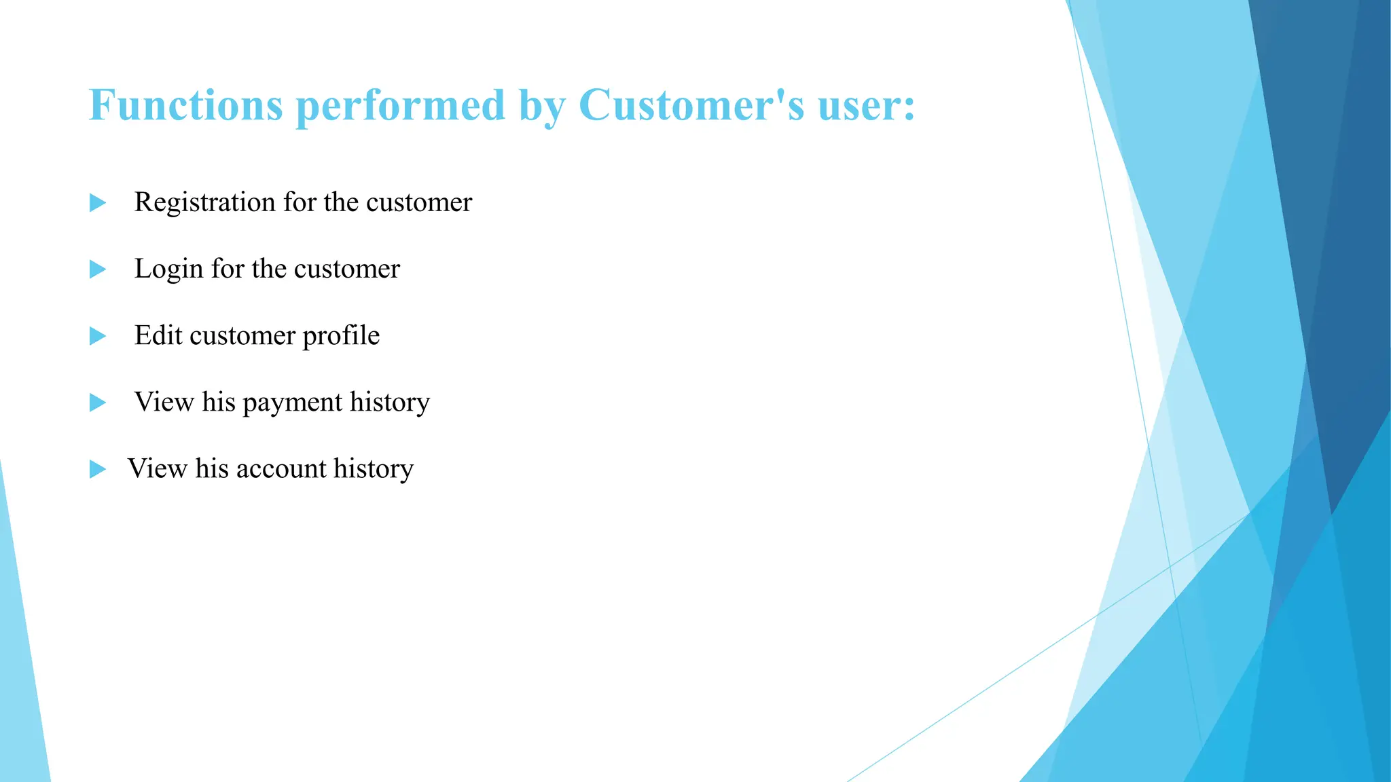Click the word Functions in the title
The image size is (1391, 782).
coord(185,105)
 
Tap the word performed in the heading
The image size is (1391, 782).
coord(401,105)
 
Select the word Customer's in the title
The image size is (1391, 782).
coord(691,105)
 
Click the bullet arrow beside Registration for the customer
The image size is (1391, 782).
coord(98,203)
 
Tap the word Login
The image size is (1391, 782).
coord(168,269)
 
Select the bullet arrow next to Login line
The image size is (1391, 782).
coord(98,269)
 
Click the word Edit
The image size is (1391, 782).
coord(158,335)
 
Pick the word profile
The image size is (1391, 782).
coord(341,336)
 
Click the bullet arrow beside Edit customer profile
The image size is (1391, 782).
coord(98,336)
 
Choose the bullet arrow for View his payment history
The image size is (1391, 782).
coord(98,403)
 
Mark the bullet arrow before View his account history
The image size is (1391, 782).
coord(98,469)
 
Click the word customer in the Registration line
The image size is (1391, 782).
coord(419,202)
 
